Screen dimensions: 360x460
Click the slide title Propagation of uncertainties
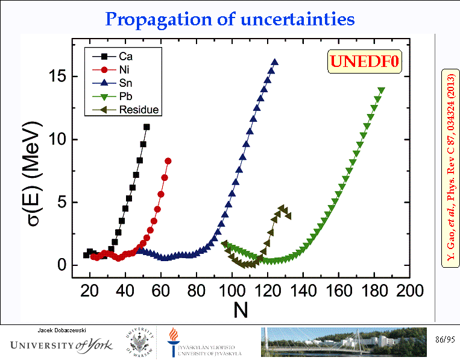coord(230,19)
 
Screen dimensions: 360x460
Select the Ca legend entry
coord(118,57)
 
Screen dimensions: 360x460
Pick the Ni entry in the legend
coord(116,70)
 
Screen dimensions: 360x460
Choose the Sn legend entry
coord(118,83)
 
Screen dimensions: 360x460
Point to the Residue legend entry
coord(127,110)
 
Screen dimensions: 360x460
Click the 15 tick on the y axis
coord(58,77)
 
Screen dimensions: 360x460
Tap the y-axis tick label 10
coord(58,139)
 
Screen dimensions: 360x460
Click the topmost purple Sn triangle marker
coord(275,62)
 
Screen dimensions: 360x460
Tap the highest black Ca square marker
coord(147,127)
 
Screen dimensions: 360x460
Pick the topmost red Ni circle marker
coord(168,161)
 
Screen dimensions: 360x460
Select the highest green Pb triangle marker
coord(381,90)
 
